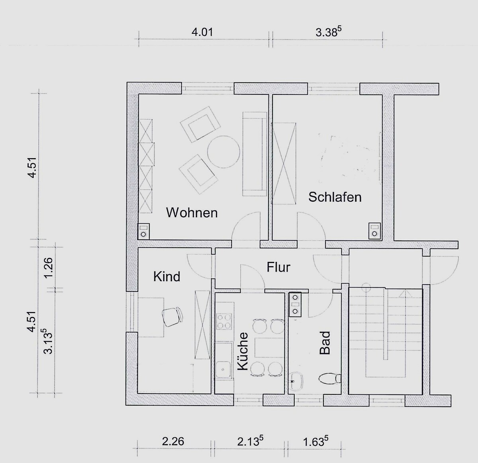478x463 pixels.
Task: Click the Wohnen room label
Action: point(192,213)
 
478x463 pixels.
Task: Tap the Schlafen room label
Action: point(335,197)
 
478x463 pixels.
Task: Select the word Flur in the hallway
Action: point(278,267)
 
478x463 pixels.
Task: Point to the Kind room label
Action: point(167,277)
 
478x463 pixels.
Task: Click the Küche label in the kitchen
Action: point(243,351)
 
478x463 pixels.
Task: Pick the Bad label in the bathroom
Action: point(325,343)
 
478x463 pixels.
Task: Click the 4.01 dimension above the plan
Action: point(202,32)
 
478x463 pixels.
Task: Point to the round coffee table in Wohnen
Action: point(223,152)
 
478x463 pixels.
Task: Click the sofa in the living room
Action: point(255,154)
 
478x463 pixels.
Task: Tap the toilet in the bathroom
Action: point(330,379)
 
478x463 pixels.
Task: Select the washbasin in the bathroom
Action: point(296,381)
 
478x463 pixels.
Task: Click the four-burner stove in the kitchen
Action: point(224,321)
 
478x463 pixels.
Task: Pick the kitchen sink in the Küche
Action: point(223,369)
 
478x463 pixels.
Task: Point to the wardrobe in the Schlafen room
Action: point(284,163)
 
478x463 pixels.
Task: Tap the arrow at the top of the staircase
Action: point(405,294)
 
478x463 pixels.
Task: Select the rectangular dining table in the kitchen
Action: point(269,347)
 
